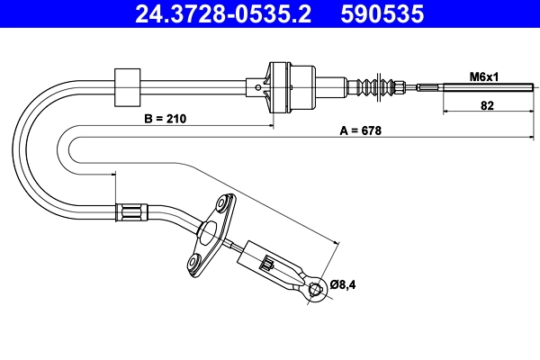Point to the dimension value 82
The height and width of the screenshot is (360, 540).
(486, 105)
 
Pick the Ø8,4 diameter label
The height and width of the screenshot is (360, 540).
(343, 284)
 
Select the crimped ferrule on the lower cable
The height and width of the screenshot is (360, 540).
(131, 213)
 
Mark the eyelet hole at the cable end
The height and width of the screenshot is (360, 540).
(315, 289)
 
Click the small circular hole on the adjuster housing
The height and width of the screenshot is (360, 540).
(260, 87)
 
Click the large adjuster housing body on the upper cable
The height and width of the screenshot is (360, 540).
(292, 86)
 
